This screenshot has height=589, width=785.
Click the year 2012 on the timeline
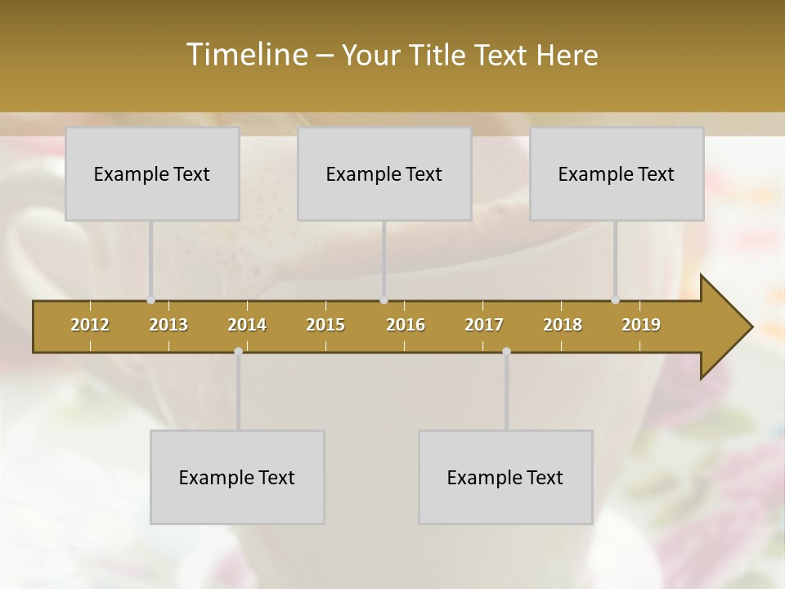90,325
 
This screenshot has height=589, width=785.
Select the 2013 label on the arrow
168,325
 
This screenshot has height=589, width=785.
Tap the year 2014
247,325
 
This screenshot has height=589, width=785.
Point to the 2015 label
325,325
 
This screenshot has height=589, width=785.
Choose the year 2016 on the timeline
406,325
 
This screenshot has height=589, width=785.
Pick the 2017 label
484,325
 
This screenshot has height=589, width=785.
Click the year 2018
563,325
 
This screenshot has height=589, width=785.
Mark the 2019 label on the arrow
641,325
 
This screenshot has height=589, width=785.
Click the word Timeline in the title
245,55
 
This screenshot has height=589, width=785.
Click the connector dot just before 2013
151,300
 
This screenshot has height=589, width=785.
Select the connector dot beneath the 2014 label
238,352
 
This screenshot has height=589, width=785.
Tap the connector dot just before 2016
384,300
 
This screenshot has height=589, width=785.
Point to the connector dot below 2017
506,352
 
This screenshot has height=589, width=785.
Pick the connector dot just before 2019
616,300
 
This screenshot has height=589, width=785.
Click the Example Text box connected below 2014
237,477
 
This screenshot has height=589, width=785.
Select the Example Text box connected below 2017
505,477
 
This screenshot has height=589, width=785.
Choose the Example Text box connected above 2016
384,173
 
